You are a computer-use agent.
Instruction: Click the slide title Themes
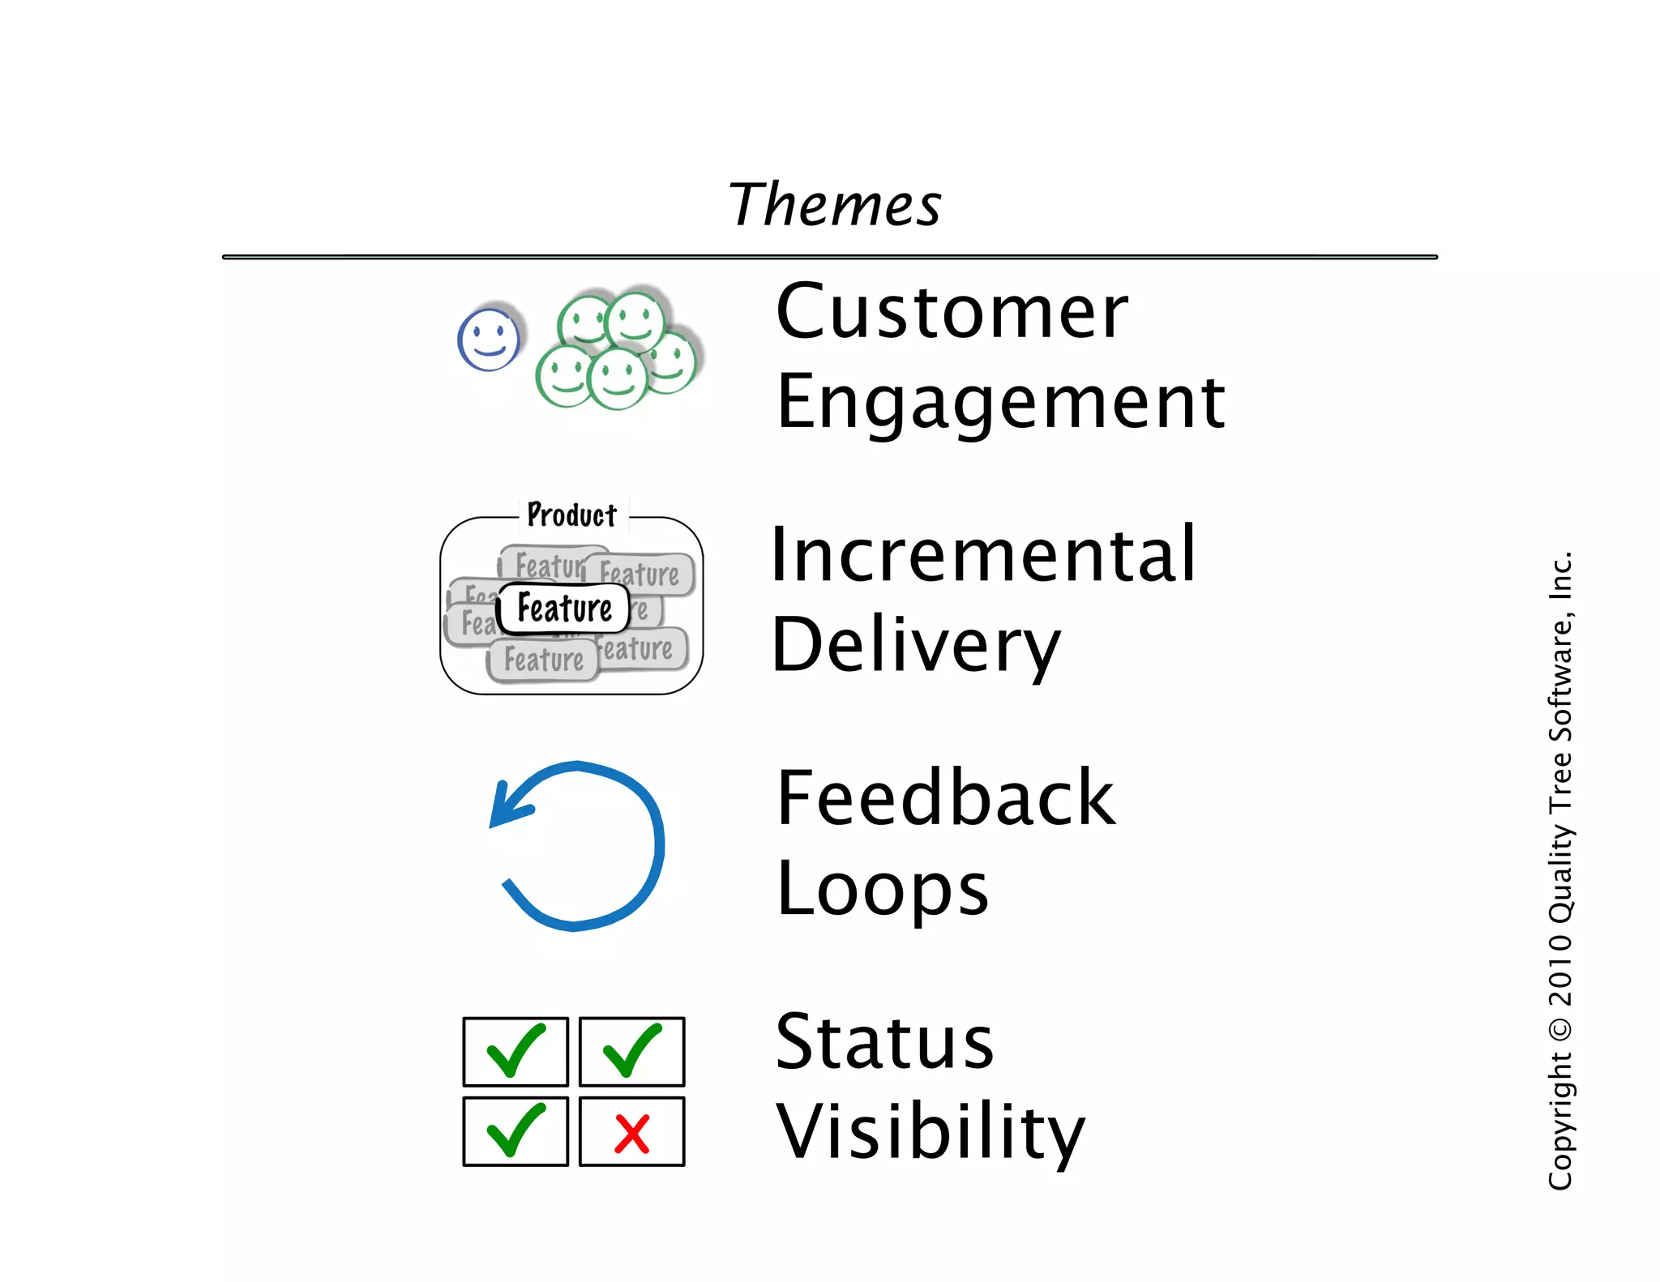pyautogui.click(x=834, y=204)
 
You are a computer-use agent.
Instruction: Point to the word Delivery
pyautogui.click(x=915, y=646)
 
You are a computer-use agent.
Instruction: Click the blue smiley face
pyautogui.click(x=489, y=339)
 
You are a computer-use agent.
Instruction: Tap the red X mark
pyautogui.click(x=631, y=1133)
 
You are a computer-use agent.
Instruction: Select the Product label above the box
pyautogui.click(x=572, y=515)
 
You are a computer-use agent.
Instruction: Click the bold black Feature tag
pyautogui.click(x=564, y=608)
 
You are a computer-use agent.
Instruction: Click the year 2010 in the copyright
pyautogui.click(x=1560, y=969)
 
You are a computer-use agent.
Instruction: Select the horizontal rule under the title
pyautogui.click(x=829, y=257)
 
